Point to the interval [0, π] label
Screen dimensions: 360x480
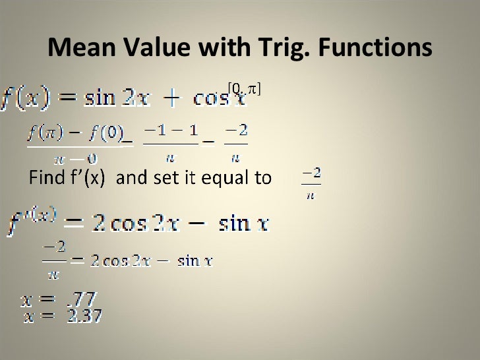pyautogui.click(x=244, y=88)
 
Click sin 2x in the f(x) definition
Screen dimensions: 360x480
pyautogui.click(x=115, y=99)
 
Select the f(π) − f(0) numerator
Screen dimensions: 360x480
pyautogui.click(x=75, y=134)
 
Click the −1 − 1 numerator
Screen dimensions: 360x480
pyautogui.click(x=170, y=134)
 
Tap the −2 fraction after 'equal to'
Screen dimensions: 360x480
pyautogui.click(x=311, y=181)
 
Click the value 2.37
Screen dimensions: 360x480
pyautogui.click(x=85, y=316)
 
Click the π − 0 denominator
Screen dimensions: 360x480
pyautogui.click(x=75, y=158)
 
